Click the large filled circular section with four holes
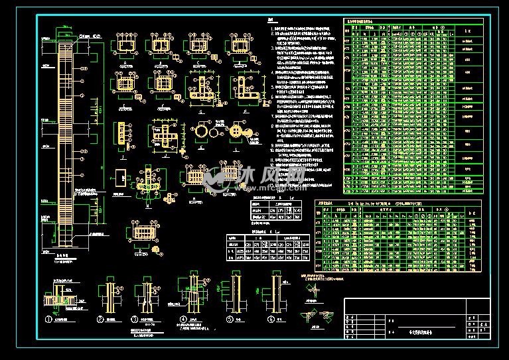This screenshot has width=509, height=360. [234, 132]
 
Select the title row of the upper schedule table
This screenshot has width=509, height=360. [372, 21]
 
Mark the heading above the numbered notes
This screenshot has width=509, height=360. [270, 21]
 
